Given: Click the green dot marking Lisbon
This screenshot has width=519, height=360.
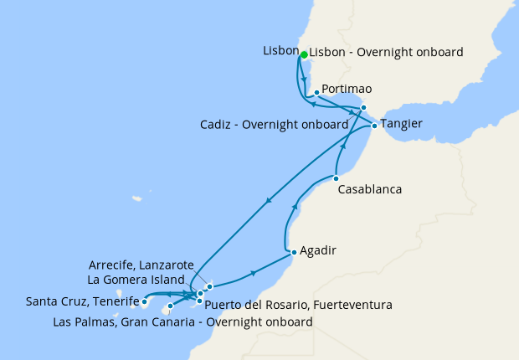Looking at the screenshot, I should [304, 53].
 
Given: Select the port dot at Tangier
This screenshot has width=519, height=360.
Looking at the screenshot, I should [374, 126].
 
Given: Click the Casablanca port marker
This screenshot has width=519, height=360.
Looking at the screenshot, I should [336, 178].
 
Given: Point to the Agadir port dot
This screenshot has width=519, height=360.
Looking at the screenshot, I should [293, 252].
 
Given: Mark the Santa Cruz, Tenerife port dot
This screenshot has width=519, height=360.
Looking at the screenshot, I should [145, 301].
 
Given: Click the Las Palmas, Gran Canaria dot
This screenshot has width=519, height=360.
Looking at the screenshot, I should [170, 306].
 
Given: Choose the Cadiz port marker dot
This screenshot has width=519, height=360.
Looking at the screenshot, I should [363, 107].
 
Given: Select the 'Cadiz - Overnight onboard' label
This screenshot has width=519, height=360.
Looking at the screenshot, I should [274, 125].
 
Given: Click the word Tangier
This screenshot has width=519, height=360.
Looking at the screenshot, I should [401, 124].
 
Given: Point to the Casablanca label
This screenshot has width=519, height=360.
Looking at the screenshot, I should [369, 190].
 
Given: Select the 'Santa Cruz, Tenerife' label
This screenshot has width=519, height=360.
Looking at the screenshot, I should [82, 301].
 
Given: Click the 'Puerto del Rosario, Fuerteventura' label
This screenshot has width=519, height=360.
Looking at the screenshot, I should [298, 304].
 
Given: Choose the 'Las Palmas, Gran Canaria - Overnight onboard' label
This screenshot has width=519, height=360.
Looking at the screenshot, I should [182, 321].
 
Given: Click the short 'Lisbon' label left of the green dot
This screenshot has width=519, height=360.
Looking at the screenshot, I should [280, 50].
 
